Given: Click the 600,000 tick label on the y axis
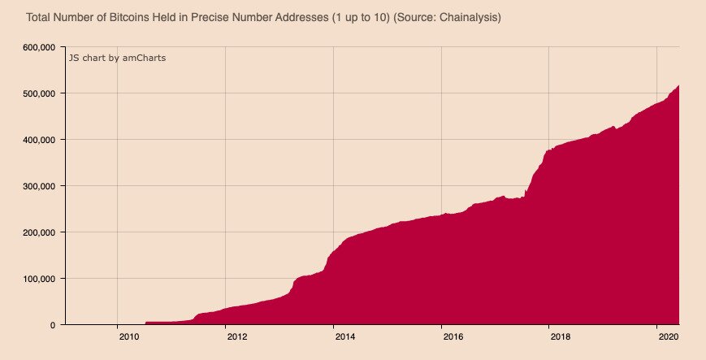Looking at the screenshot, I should (x=37, y=47).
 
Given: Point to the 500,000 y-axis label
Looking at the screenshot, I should (x=37, y=93).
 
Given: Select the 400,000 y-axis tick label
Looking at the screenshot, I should (x=37, y=140).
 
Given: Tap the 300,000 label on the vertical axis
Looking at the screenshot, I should (x=37, y=186).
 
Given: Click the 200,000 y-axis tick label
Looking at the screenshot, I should (x=37, y=232).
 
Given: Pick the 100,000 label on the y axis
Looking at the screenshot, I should (x=37, y=279).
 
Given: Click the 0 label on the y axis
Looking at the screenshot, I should (x=52, y=325).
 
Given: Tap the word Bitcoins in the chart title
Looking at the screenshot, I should (x=138, y=17).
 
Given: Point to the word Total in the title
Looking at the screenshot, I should (x=39, y=17).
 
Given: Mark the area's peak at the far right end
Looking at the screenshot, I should (x=678, y=85).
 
